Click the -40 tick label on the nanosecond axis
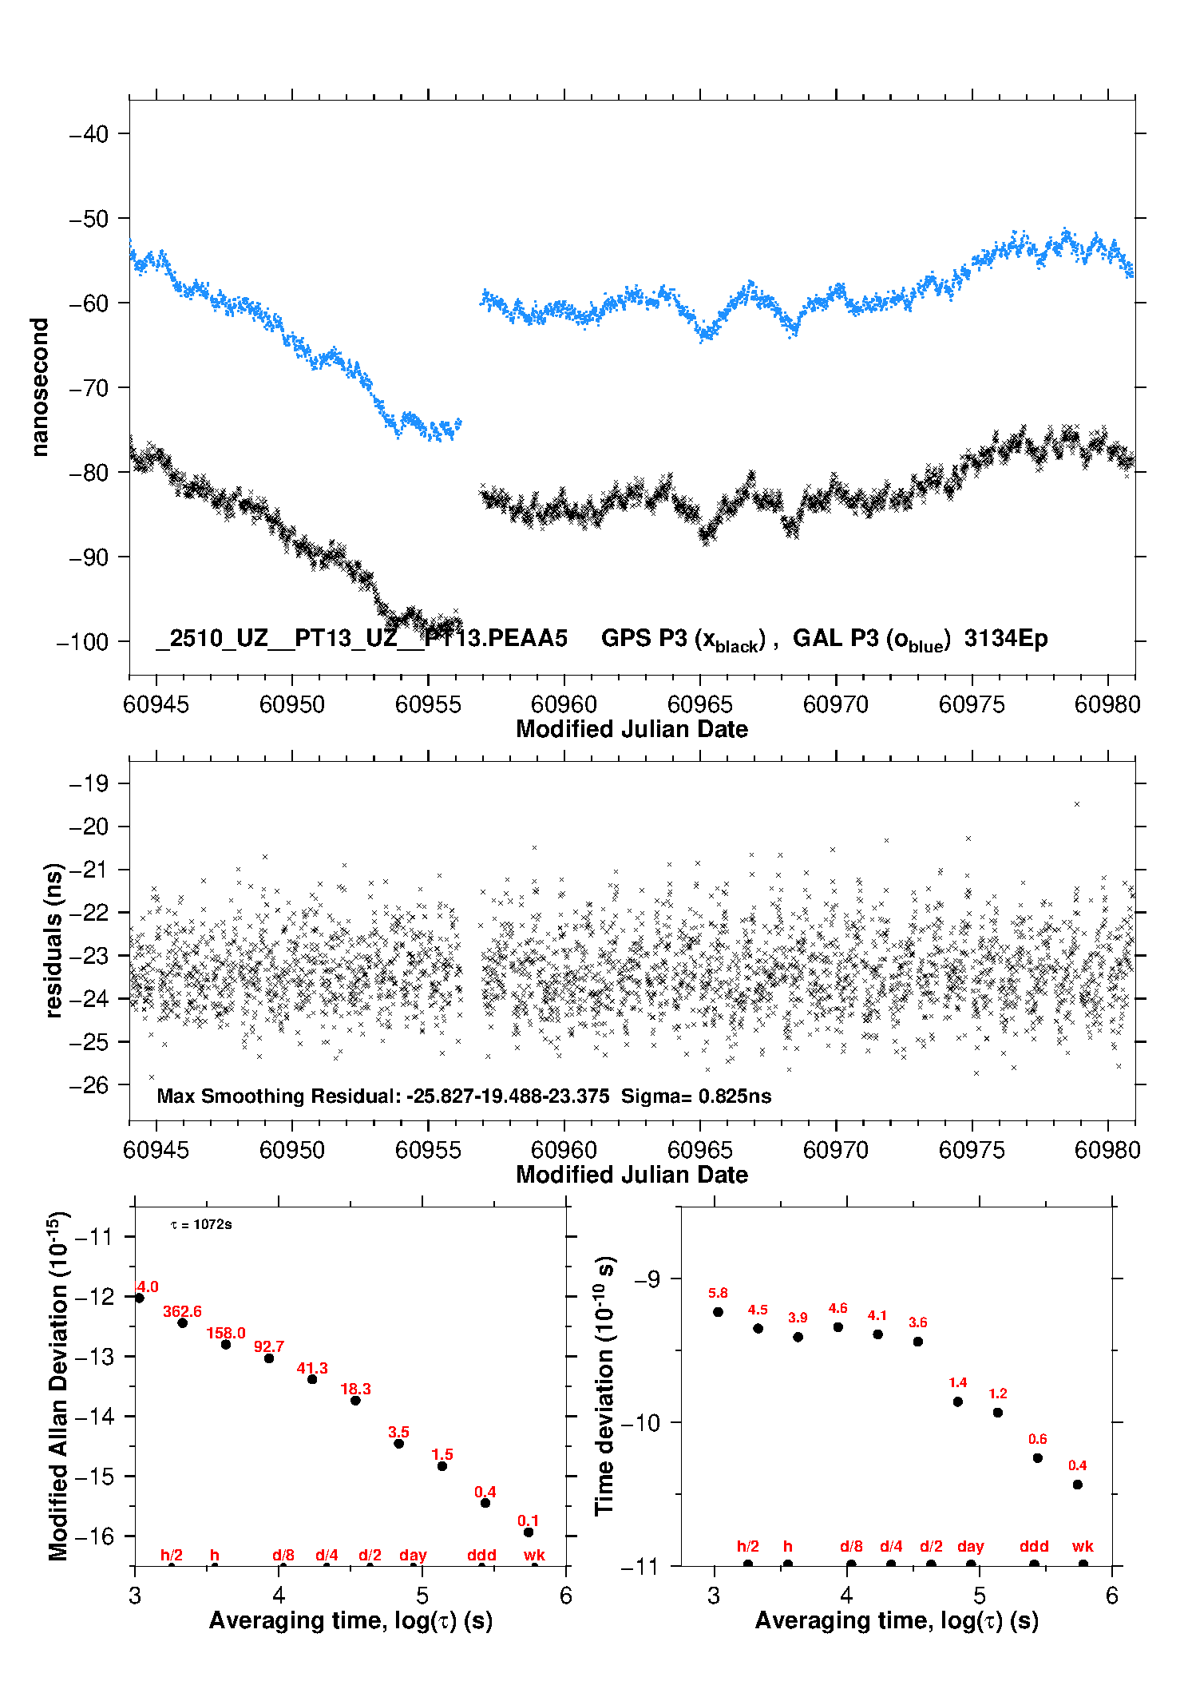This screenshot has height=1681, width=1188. click(88, 134)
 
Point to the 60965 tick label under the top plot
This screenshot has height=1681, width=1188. click(699, 704)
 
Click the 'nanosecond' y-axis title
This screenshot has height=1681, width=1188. click(39, 387)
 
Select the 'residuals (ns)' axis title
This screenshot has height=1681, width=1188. click(53, 940)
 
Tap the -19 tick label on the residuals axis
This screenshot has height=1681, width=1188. click(88, 783)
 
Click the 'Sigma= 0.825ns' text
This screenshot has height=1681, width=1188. click(696, 1096)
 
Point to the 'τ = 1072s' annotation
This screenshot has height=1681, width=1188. click(201, 1225)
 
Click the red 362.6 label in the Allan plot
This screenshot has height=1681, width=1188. click(182, 1312)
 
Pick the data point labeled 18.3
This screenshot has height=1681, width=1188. click(355, 1401)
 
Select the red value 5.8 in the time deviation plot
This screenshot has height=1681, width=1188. click(718, 1294)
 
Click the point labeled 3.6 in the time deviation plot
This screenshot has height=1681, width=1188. click(918, 1342)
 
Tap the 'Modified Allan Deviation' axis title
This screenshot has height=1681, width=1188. click(58, 1386)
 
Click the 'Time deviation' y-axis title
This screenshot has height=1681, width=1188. click(604, 1386)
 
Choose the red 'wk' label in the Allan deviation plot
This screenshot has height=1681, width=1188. click(534, 1556)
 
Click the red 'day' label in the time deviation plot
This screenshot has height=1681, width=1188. click(970, 1547)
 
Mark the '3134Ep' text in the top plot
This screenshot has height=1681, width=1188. click(1005, 639)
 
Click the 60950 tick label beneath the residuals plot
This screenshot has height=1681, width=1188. click(292, 1150)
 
